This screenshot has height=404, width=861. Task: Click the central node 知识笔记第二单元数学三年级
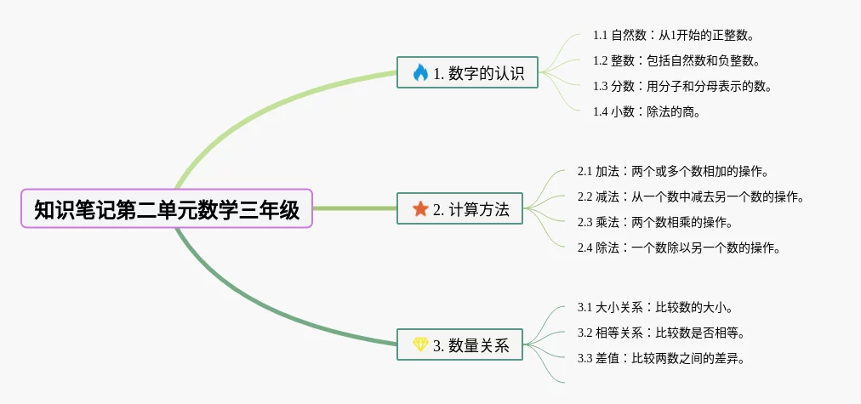167,208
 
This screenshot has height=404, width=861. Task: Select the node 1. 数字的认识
467,73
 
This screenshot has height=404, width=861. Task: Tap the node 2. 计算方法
459,209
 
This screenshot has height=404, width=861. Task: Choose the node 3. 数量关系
459,344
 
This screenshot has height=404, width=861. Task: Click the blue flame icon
420,73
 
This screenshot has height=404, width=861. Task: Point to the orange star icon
420,209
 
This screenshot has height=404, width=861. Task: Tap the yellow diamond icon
420,344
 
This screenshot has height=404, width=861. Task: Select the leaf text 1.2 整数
676,61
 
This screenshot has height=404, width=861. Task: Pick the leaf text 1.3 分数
682,86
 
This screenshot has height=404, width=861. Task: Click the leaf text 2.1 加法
673,172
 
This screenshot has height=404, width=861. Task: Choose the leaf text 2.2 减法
690,197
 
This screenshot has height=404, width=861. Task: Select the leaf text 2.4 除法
679,248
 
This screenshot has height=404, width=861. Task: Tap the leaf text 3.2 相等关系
661,333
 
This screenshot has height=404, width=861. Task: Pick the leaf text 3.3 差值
661,358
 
